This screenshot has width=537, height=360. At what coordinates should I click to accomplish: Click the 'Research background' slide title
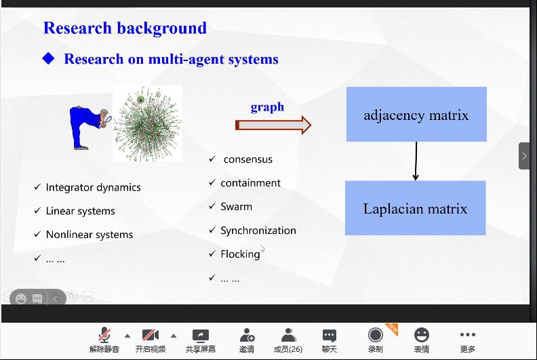coord(125,28)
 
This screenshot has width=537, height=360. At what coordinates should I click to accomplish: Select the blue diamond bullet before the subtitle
coord(48,59)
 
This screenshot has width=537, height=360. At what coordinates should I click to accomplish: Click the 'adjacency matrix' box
coord(416,115)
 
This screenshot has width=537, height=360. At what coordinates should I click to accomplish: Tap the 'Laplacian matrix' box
coord(415,208)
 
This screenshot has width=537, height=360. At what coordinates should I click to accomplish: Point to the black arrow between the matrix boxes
coord(416,161)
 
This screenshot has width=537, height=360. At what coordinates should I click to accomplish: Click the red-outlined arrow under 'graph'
coord(273,125)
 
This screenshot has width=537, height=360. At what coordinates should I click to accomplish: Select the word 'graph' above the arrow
coord(267,107)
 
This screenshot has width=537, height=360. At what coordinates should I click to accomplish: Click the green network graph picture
coord(147,123)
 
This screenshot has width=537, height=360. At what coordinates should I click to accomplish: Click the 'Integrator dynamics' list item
coord(93,187)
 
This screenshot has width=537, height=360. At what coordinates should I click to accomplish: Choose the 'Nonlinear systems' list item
coord(89,235)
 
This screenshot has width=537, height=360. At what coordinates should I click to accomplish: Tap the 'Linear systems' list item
coord(80,211)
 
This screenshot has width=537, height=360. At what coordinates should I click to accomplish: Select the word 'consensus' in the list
coord(247,159)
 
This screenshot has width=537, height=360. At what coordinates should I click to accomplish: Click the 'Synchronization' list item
coord(258,231)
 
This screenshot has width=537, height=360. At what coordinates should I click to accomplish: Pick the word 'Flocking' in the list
coord(240,254)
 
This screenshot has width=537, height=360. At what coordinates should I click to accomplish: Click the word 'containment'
coord(250,183)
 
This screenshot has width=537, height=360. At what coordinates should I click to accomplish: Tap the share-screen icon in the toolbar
coord(201,335)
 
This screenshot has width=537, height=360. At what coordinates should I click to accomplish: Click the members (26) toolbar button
coord(288,335)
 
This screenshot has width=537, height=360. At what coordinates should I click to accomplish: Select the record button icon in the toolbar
coord(375,335)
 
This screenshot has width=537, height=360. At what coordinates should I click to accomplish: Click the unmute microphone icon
coord(104,335)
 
